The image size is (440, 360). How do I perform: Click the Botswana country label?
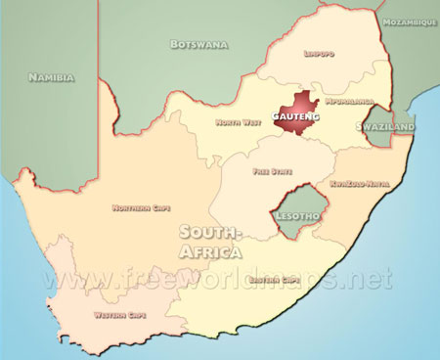click(198, 44)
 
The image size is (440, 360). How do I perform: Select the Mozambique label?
click(410, 21)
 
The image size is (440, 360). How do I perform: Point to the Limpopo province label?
click(320, 54)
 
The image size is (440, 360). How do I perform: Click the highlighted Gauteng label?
click(295, 116)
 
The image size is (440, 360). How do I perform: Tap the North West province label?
click(239, 122)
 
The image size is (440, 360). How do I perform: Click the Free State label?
click(272, 170)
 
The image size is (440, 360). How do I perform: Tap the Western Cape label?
click(121, 315)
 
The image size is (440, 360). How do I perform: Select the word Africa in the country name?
click(209, 252)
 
